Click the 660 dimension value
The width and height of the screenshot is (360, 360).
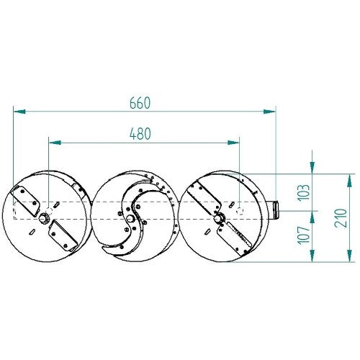[x=140, y=103]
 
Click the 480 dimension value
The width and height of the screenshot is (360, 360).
[x=140, y=134]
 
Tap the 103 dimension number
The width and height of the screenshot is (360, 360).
[x=304, y=192]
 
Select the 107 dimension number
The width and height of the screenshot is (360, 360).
[x=304, y=235]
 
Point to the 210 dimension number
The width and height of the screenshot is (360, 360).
[x=341, y=218]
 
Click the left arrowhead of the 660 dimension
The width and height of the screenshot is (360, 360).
[x=19, y=112]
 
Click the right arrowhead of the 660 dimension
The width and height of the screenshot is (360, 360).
[x=269, y=112]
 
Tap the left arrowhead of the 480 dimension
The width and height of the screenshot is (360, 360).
[x=55, y=143]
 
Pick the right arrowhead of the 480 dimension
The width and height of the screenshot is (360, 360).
[x=233, y=143]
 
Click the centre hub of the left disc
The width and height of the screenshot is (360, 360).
[x=43, y=218]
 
